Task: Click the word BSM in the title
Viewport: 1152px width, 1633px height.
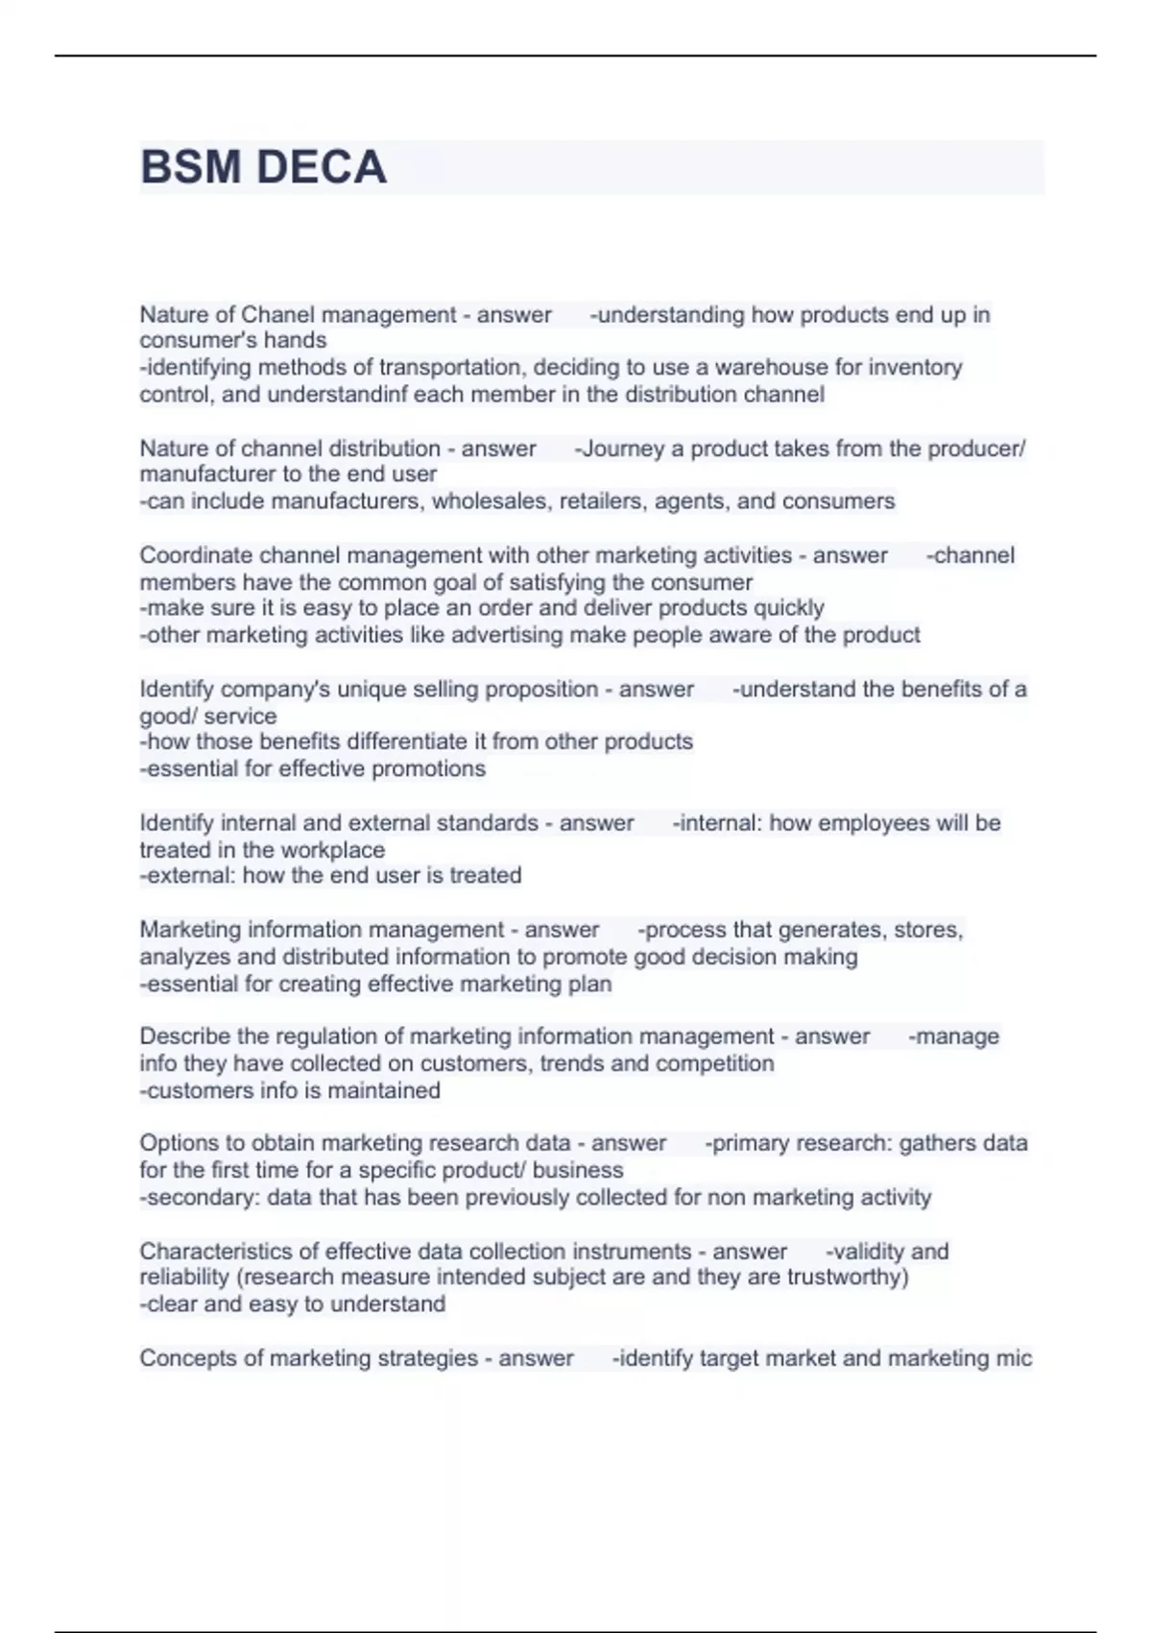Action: [x=190, y=167]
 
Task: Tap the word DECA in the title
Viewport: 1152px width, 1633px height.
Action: [x=322, y=167]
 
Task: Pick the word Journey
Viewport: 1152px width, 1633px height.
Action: [x=622, y=449]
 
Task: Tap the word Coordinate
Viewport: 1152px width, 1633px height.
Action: [x=196, y=555]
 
